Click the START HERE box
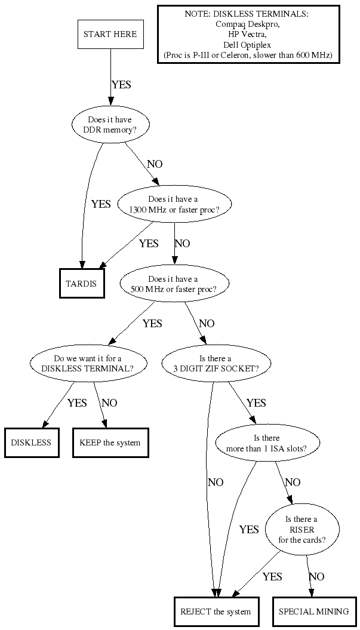(x=110, y=34)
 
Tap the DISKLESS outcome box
(x=31, y=442)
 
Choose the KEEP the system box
(x=110, y=442)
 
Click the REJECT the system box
(x=216, y=611)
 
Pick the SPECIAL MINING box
(x=313, y=611)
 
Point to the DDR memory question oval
(x=110, y=124)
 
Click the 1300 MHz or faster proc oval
(x=175, y=204)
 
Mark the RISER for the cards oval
(x=302, y=530)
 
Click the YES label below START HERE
(x=121, y=85)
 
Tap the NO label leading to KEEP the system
(x=109, y=402)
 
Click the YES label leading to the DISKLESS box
(x=77, y=402)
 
